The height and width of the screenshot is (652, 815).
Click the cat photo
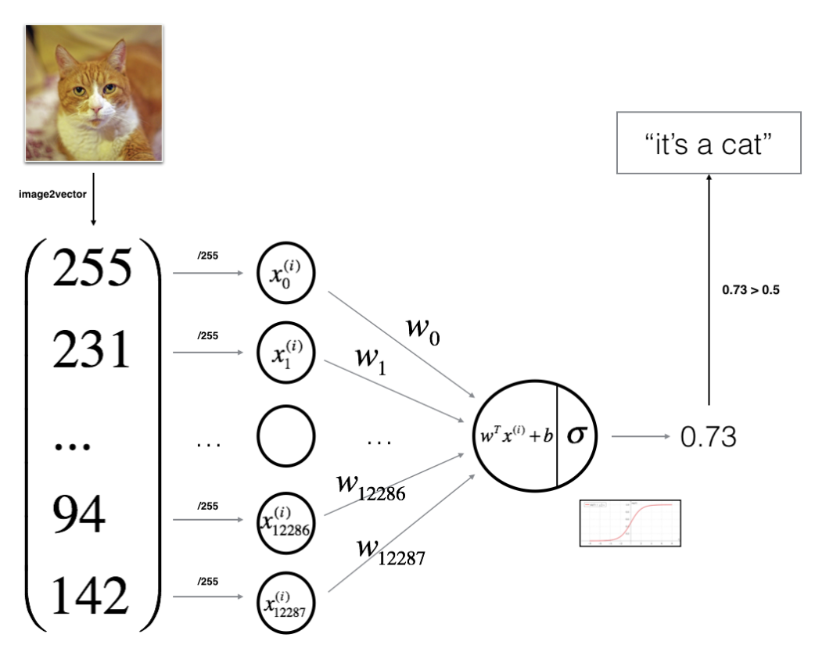[x=94, y=92]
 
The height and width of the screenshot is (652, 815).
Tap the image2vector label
[x=53, y=195]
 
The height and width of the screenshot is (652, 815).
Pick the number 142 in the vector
[x=92, y=596]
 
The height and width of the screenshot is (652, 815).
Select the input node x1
[x=285, y=356]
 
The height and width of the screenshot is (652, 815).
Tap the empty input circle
[x=285, y=440]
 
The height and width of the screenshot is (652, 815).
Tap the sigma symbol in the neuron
[x=576, y=435]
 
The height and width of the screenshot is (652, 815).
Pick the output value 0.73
[x=708, y=437]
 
